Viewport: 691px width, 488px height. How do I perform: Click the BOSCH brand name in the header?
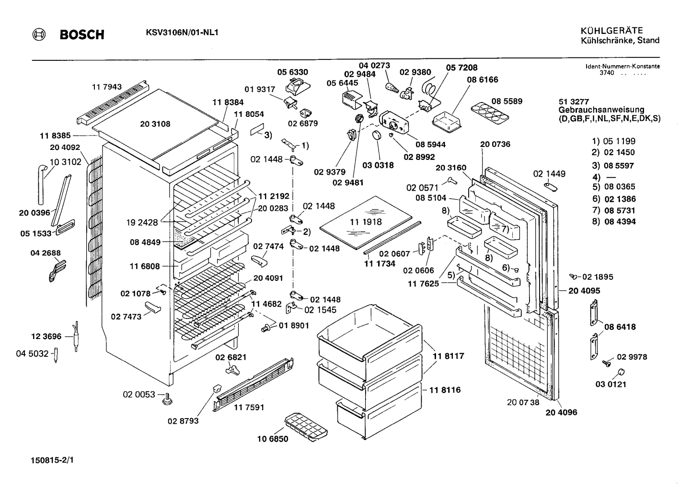(82, 35)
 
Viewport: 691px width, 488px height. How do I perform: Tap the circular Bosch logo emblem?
(39, 34)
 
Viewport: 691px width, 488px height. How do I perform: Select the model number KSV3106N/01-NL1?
(182, 33)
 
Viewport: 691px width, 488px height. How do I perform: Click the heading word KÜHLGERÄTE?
(612, 31)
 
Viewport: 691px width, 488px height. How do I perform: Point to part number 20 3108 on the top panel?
(155, 124)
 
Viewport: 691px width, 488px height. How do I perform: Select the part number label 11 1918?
(366, 222)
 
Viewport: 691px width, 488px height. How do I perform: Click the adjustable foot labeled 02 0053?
(167, 398)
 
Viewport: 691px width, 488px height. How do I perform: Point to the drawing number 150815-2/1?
(52, 461)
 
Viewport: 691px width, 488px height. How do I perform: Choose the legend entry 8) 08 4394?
(613, 222)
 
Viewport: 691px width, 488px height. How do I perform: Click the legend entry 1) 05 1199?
(613, 141)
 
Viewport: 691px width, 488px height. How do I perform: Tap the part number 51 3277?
(574, 102)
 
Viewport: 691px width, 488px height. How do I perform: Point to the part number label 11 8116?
(445, 390)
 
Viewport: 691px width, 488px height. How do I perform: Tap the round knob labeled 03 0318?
(377, 136)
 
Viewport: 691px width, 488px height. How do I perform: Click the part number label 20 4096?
(561, 412)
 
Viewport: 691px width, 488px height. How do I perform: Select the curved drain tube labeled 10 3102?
(41, 184)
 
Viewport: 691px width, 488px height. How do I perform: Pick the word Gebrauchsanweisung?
(601, 110)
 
